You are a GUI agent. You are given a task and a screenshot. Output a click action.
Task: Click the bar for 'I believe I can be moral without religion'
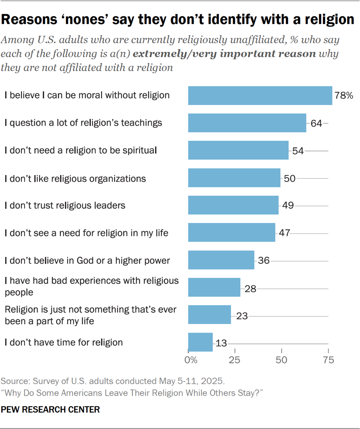pyautogui.click(x=260, y=95)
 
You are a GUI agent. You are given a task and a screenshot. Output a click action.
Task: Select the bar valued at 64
pyautogui.click(x=247, y=123)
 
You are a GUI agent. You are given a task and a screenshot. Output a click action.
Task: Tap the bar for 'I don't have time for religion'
pyautogui.click(x=200, y=342)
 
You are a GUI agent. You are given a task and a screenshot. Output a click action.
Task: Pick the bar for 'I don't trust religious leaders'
pyautogui.click(x=233, y=205)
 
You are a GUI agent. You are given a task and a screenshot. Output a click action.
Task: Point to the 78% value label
pyautogui.click(x=344, y=95)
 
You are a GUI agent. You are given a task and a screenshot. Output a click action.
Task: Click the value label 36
pyautogui.click(x=264, y=260)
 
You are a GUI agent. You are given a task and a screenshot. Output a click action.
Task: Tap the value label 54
pyautogui.click(x=298, y=151)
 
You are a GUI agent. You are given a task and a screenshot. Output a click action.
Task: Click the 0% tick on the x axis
pyautogui.click(x=191, y=360)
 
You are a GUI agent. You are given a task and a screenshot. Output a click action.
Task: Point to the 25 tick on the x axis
pyautogui.click(x=235, y=360)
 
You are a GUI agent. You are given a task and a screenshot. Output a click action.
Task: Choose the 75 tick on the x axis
pyautogui.click(x=328, y=360)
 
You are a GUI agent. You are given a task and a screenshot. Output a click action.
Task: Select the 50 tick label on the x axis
pyautogui.click(x=282, y=360)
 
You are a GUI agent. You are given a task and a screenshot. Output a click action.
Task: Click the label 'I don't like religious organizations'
pyautogui.click(x=75, y=178)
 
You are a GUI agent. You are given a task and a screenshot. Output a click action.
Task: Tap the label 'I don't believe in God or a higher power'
pyautogui.click(x=87, y=260)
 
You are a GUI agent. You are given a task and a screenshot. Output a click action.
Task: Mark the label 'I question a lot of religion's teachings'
pyautogui.click(x=83, y=123)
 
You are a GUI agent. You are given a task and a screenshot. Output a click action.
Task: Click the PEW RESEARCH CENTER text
pyautogui.click(x=51, y=410)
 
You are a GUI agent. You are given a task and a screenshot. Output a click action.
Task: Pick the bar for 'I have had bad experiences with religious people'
pyautogui.click(x=214, y=287)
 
